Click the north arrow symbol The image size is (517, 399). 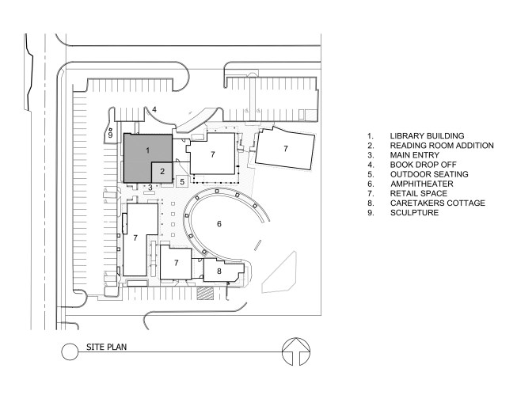tap(296, 351)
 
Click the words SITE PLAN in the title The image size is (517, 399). tap(107, 347)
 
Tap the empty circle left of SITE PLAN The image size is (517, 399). tap(70, 351)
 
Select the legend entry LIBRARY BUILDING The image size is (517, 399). tap(427, 136)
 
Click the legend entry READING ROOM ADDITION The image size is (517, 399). tap(442, 146)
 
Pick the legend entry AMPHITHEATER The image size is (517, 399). tap(422, 184)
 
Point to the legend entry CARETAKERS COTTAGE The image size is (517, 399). tap(438, 203)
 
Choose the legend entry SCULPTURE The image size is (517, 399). tap(414, 212)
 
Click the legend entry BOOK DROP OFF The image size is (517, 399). tap(424, 165)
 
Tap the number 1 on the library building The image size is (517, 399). tap(148, 150)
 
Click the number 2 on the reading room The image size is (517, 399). tap(162, 172)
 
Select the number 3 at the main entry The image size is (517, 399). tap(150, 188)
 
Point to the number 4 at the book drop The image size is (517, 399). tap(154, 109)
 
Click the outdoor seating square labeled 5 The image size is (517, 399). tap(182, 181)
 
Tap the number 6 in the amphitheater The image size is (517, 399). tap(219, 224)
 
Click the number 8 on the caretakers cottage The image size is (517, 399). tap(219, 271)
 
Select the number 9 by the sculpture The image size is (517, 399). tap(111, 135)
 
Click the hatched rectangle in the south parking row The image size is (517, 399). tap(205, 293)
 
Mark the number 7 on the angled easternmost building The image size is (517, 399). tap(286, 149)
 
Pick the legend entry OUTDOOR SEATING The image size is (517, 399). tap(429, 174)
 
